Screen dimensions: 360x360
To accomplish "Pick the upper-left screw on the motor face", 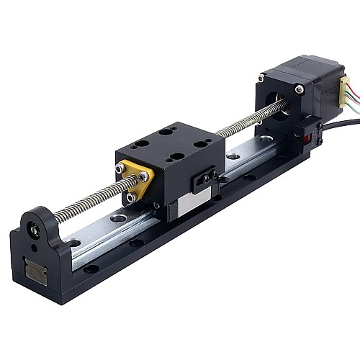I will (x=261, y=78).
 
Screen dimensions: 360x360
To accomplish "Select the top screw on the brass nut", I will (x=119, y=168).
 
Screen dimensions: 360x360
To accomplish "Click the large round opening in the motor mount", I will (x=276, y=102).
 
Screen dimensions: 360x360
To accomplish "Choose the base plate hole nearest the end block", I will (x=91, y=269).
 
